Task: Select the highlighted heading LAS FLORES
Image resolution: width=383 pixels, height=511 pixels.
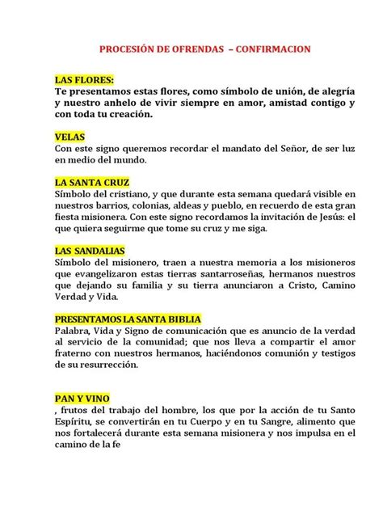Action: (84, 81)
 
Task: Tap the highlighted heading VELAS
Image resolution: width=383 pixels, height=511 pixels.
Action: (69, 137)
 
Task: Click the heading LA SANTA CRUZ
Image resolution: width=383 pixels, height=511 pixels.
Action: (91, 183)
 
